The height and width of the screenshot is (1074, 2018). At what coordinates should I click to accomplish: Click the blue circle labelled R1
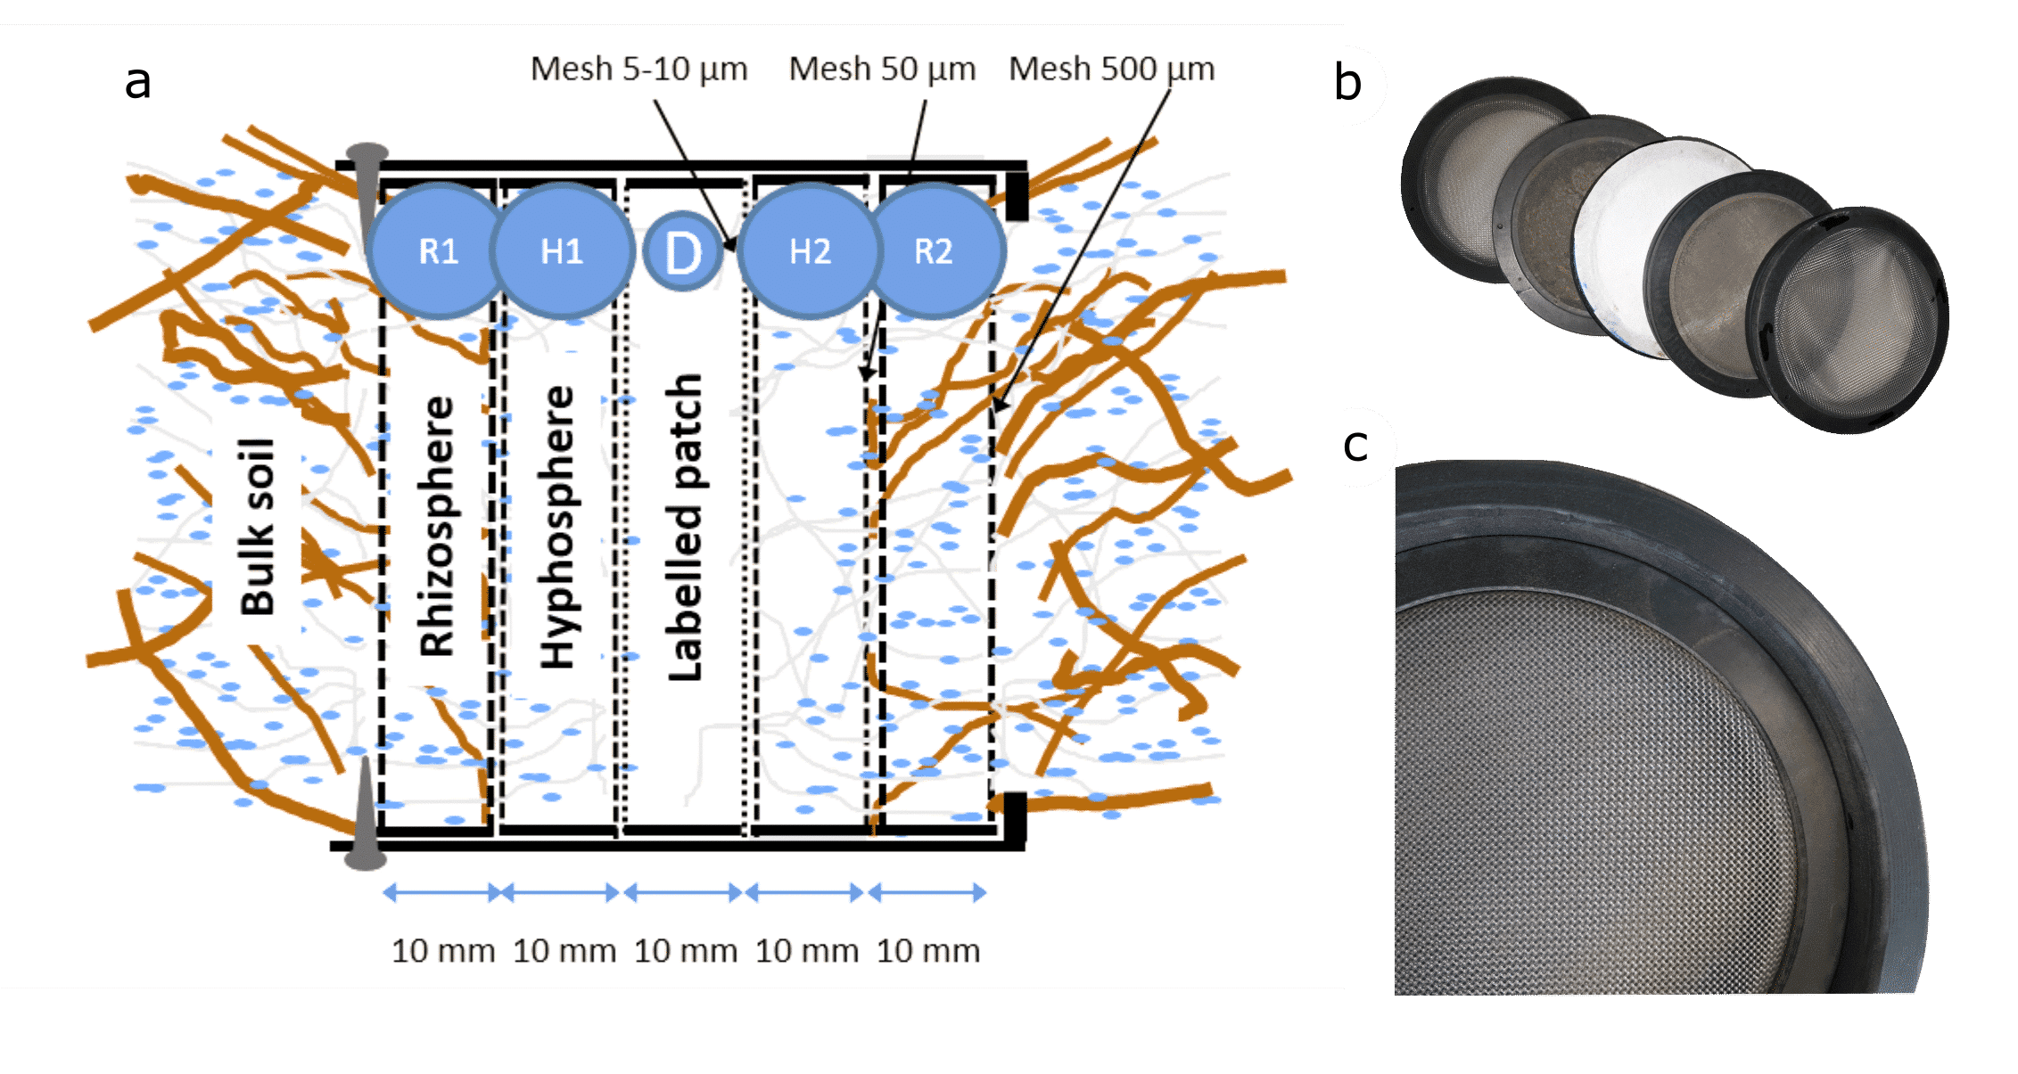(x=437, y=251)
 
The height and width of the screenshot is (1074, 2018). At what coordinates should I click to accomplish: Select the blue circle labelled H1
(x=562, y=251)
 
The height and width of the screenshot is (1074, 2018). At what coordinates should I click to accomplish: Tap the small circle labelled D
(x=684, y=251)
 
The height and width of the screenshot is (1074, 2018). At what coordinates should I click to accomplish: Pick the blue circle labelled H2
(x=810, y=251)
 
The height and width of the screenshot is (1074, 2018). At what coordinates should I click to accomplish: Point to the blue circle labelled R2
(x=934, y=251)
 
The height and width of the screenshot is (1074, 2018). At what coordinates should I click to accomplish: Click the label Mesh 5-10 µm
(x=638, y=70)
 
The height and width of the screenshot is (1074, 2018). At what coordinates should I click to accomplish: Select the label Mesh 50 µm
(x=882, y=70)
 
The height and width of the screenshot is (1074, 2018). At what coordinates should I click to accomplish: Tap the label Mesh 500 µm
(x=1111, y=70)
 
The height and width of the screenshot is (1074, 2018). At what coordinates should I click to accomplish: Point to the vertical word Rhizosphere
(x=438, y=526)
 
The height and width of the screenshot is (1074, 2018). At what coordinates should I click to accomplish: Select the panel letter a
(x=137, y=83)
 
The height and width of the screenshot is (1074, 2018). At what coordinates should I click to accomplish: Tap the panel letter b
(x=1347, y=83)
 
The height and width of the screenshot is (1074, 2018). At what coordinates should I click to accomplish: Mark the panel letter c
(x=1355, y=446)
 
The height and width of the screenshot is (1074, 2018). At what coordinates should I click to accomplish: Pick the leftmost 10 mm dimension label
(x=443, y=951)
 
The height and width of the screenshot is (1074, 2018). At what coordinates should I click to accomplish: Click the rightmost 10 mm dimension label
(x=928, y=951)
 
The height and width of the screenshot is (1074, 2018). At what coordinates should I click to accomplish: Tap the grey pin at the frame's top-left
(x=367, y=193)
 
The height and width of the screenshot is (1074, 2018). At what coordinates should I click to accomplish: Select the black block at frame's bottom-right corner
(x=1016, y=817)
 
